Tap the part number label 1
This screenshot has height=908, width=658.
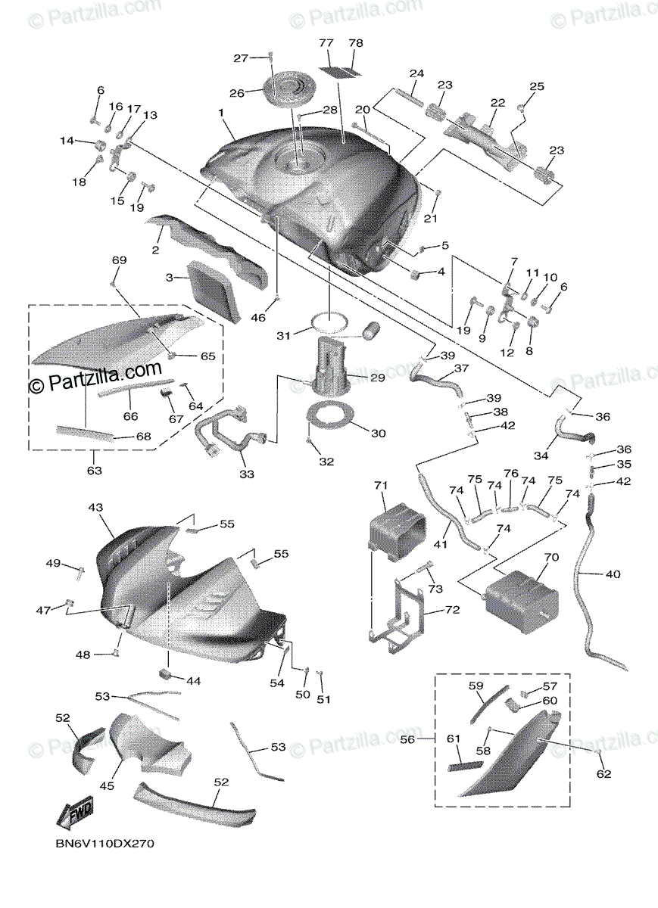(221, 113)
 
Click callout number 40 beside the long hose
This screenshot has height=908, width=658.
(612, 574)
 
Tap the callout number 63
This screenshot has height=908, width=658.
(93, 471)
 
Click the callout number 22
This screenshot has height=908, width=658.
(497, 103)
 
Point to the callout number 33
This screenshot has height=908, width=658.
(246, 474)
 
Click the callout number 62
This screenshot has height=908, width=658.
(603, 773)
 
